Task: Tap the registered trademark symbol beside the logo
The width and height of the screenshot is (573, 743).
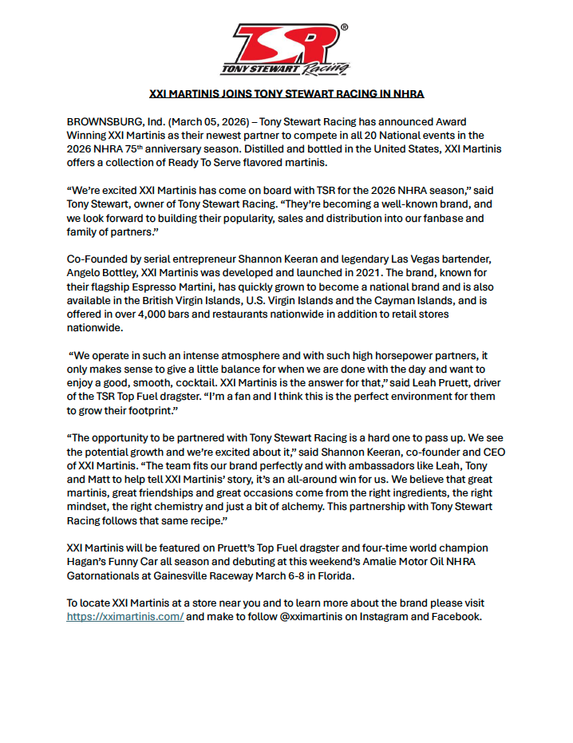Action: pos(343,27)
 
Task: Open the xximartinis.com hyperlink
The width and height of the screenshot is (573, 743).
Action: pos(125,616)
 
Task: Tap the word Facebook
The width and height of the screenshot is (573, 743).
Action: pos(455,616)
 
